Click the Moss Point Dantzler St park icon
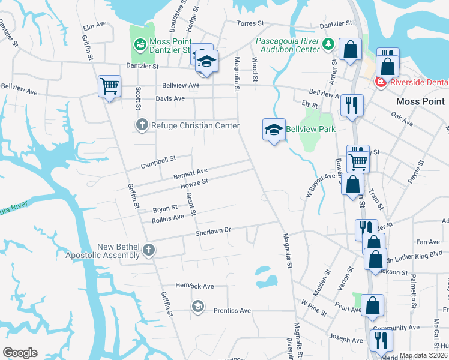tap(140, 44)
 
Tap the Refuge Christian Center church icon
tap(142, 125)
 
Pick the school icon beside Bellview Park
tap(273, 130)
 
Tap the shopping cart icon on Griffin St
tap(109, 86)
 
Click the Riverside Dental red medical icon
tap(379, 82)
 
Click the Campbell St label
tap(157, 161)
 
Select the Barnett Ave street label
tap(190, 173)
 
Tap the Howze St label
tap(194, 184)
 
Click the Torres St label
tap(250, 23)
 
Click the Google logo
tap(20, 352)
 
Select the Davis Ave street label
tap(170, 98)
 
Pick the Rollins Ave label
tap(168, 217)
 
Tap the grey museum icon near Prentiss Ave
tap(197, 307)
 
